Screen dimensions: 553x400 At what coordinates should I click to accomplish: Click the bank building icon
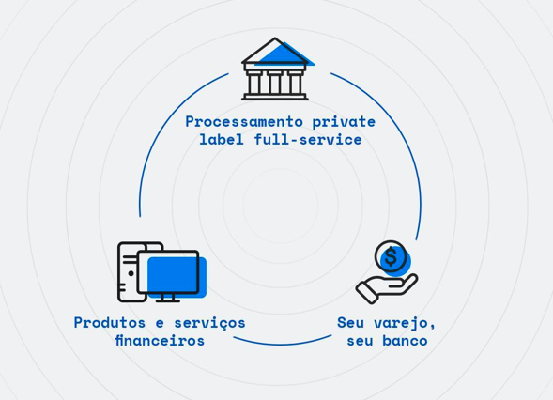pos(275,69)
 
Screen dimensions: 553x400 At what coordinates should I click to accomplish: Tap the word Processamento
pos(244,122)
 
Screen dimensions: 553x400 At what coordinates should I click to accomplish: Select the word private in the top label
pos(344,123)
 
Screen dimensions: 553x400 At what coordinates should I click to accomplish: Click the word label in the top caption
pos(222,139)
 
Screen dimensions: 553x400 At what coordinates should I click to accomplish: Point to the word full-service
pos(308,139)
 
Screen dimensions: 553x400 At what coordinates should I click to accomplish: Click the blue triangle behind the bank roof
pos(285,56)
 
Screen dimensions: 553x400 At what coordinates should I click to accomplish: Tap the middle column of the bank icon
pos(275,84)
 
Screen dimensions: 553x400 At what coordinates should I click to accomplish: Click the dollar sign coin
pos(391,256)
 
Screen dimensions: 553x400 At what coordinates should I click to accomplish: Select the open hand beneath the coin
pos(387,288)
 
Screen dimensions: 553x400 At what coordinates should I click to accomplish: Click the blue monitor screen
pos(177,277)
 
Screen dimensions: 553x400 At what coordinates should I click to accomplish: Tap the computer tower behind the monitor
pos(132,271)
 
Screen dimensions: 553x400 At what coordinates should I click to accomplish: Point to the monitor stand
pos(168,298)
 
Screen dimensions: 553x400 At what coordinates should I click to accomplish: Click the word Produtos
pos(110,323)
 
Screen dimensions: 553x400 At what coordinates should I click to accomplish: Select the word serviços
pos(210,324)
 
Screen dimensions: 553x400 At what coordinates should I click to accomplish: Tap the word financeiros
pos(160,341)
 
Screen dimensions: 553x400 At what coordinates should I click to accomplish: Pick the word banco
pos(405,341)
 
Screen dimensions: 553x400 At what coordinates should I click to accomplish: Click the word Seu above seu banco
pos(350,323)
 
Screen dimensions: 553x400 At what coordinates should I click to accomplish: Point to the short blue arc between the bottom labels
pos(283,343)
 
